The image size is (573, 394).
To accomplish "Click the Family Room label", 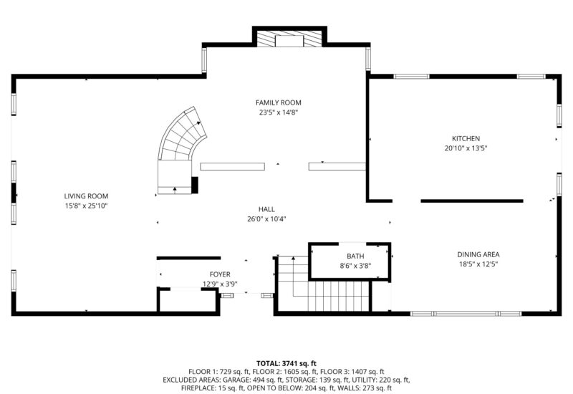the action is [278, 102].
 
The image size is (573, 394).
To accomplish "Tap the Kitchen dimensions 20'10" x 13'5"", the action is [466, 148].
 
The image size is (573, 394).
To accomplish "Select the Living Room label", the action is [86, 196].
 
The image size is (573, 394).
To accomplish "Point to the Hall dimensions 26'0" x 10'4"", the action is [266, 219].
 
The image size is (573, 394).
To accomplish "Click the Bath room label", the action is [355, 256].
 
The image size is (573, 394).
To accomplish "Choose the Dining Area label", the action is [478, 254].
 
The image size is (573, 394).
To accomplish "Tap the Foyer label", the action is [220, 274].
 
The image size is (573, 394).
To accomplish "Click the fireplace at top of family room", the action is [289, 39].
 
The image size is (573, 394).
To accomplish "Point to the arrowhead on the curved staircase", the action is [198, 122].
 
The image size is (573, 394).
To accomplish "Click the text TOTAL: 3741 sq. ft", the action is [286, 363].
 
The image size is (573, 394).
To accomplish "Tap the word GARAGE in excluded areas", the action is [237, 380].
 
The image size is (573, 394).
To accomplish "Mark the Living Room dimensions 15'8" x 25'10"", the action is [86, 206].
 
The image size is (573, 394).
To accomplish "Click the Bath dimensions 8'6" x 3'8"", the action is [355, 266].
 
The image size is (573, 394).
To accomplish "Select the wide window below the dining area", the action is [466, 314].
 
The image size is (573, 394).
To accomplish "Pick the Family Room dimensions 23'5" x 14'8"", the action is [279, 112].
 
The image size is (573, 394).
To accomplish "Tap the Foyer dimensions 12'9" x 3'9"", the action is [220, 284].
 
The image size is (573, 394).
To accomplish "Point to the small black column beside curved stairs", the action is [195, 186].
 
